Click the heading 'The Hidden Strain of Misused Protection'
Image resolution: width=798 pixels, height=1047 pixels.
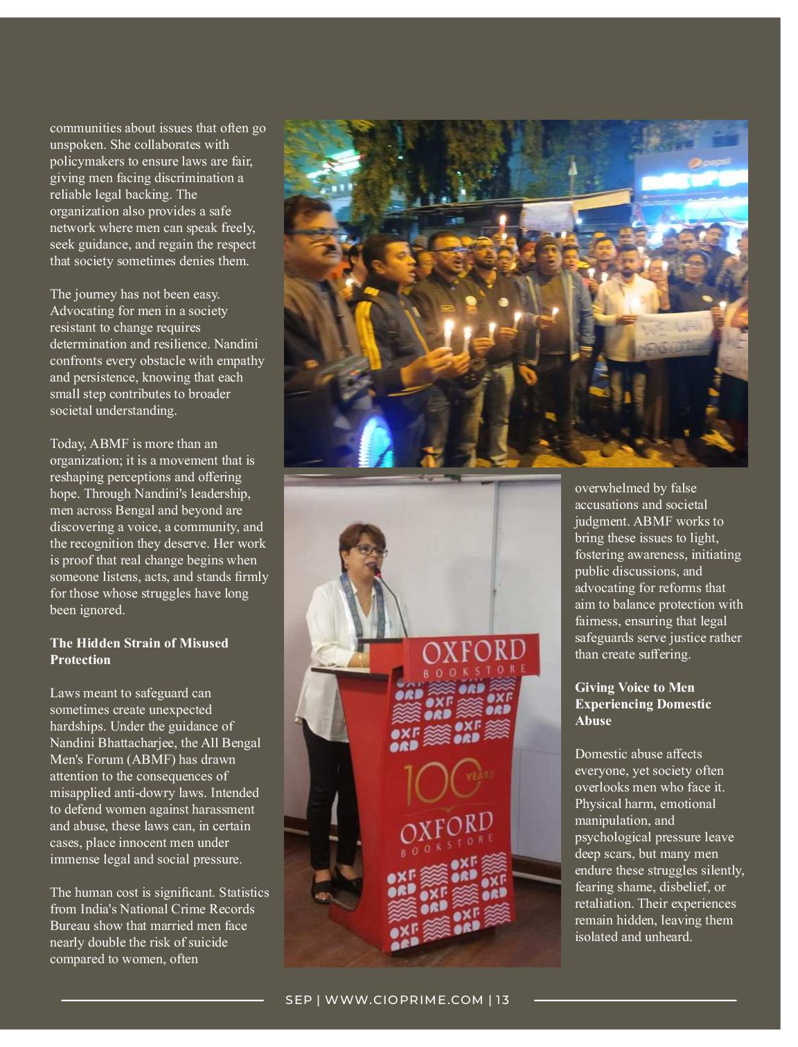pyautogui.click(x=139, y=651)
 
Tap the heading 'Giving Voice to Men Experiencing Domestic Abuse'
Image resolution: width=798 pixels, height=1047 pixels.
pyautogui.click(x=643, y=704)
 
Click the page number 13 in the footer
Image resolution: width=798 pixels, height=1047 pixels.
pyautogui.click(x=502, y=1000)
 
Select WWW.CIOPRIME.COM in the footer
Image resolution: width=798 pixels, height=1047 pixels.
pyautogui.click(x=404, y=1000)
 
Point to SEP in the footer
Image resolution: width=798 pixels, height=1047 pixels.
pyautogui.click(x=299, y=1000)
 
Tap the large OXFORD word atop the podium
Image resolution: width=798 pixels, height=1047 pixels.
pyautogui.click(x=474, y=652)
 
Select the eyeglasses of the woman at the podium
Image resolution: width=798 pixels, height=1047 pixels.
pyautogui.click(x=371, y=551)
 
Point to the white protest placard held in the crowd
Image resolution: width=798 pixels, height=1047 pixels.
pyautogui.click(x=673, y=335)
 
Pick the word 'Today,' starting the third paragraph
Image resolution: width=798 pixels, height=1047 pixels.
pyautogui.click(x=68, y=444)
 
